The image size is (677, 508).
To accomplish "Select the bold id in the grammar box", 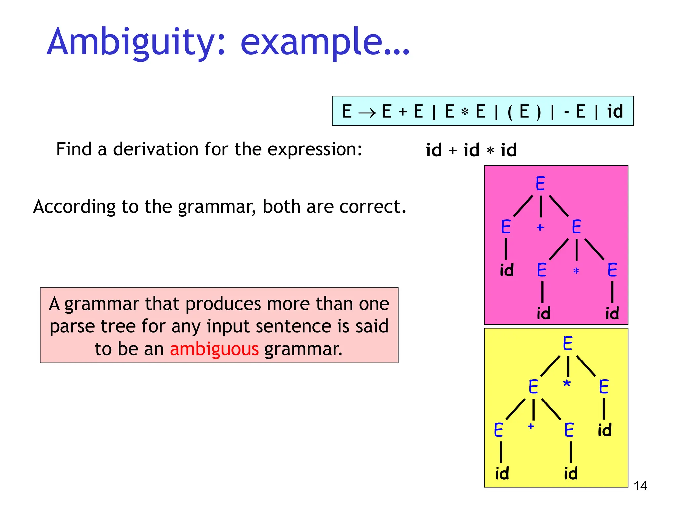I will click(615, 111).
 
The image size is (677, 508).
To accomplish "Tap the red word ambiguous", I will click(214, 349).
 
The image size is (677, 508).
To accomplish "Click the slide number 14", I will click(640, 486).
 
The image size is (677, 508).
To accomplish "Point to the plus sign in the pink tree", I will click(540, 227).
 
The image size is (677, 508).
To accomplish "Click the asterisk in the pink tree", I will click(576, 271).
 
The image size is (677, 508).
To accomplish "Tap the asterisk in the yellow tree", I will click(567, 384).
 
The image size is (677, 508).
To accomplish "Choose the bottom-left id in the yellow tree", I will click(502, 473).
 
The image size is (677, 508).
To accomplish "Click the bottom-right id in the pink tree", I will click(612, 313).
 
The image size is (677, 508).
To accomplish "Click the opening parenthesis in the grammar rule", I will click(510, 112).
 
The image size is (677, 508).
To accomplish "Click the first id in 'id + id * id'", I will click(433, 150).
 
